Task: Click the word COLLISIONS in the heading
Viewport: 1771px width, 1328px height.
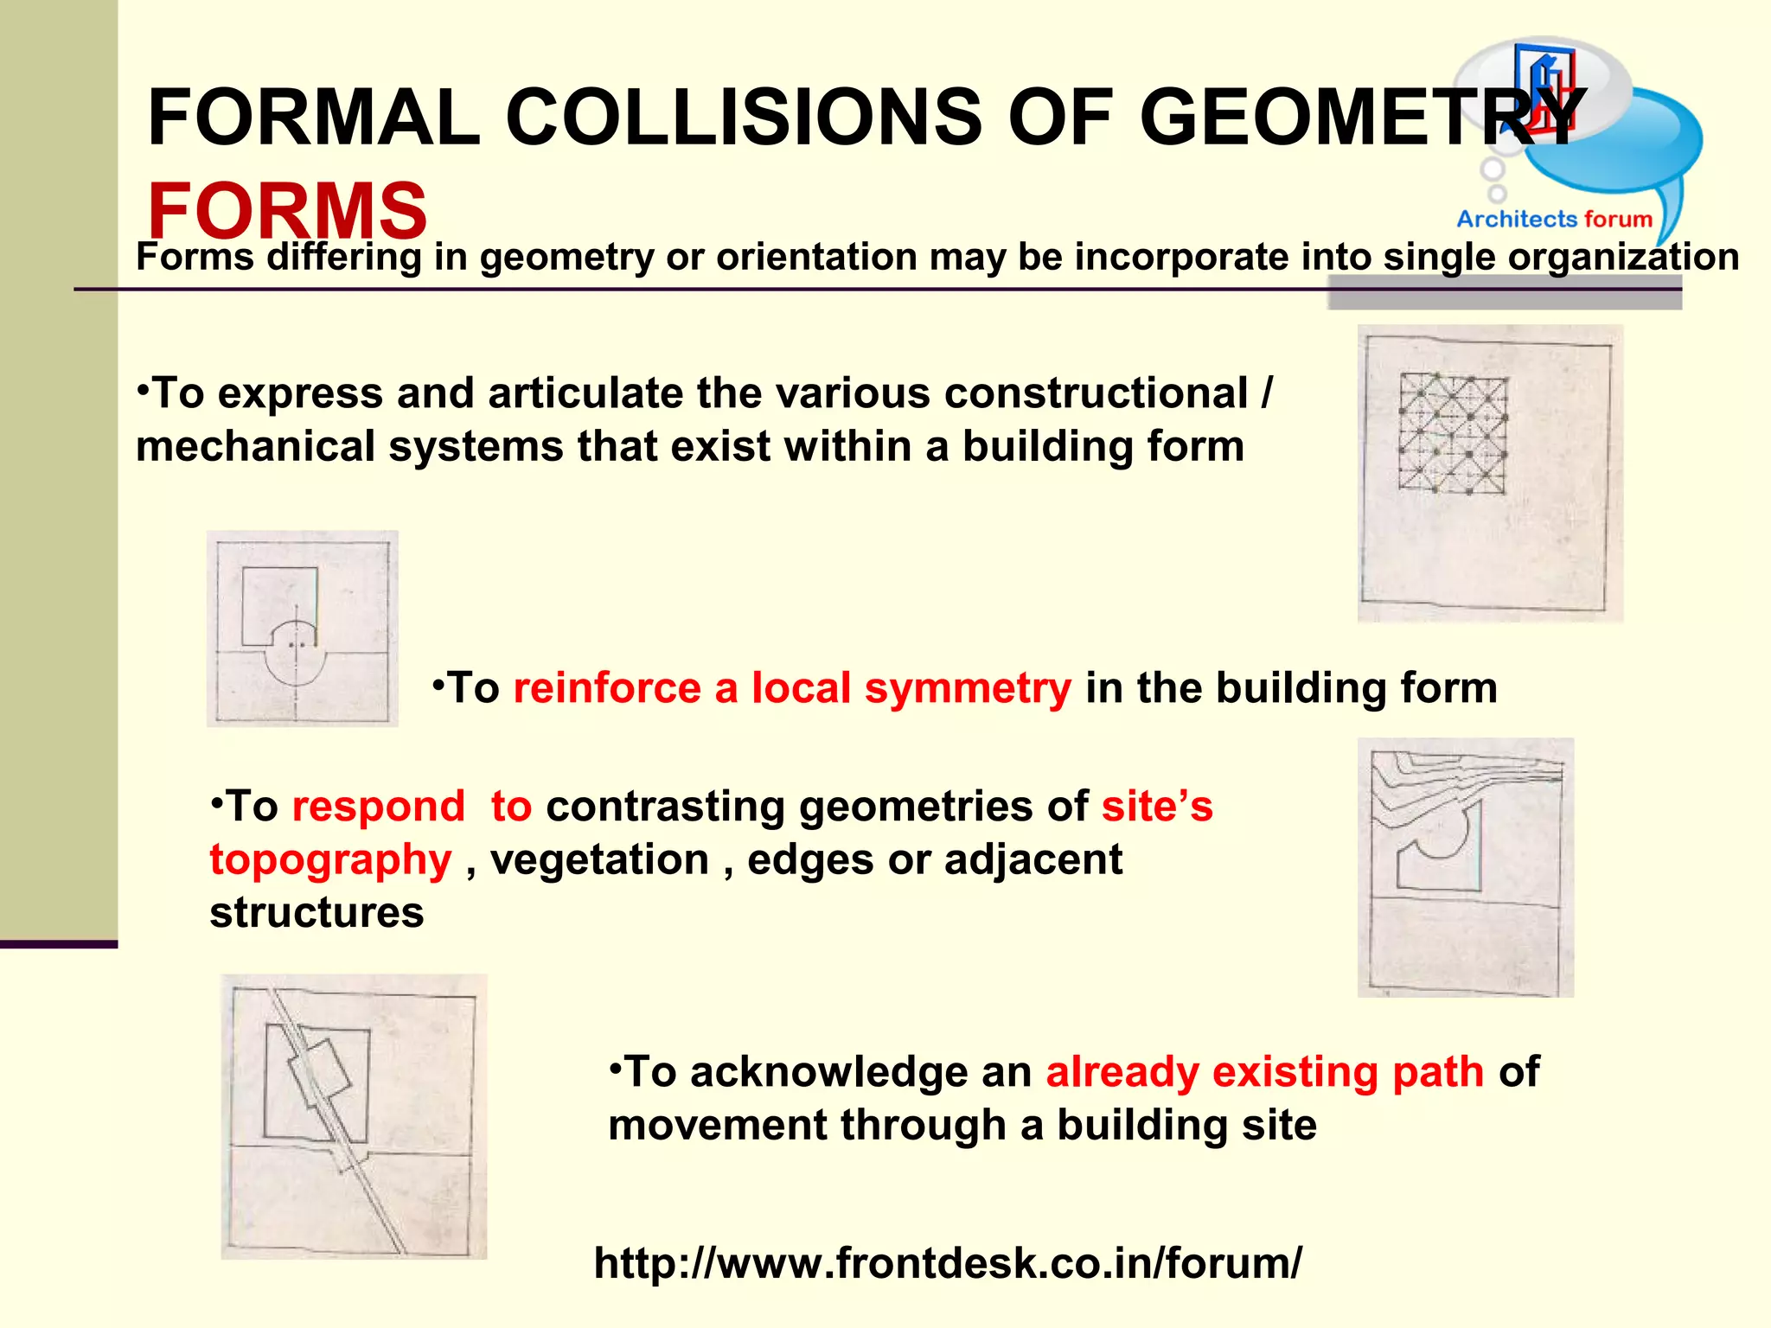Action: [744, 118]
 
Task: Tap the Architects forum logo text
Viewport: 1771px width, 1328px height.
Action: [1554, 219]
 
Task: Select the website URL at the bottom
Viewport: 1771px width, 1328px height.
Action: [947, 1262]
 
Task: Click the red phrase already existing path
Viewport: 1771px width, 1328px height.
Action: [1264, 1072]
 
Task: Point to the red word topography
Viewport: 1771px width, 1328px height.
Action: [330, 860]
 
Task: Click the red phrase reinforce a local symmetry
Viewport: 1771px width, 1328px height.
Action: [791, 688]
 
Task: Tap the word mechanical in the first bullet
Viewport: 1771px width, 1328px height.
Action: [255, 447]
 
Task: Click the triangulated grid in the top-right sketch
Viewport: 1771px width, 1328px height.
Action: [1453, 435]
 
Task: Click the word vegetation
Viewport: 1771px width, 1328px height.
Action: [599, 860]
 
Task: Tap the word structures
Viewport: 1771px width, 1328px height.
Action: [316, 913]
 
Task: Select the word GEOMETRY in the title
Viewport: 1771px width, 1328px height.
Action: [1362, 118]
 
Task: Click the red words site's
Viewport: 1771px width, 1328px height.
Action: [1157, 807]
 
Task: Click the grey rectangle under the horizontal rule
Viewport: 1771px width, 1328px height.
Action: [1505, 298]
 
